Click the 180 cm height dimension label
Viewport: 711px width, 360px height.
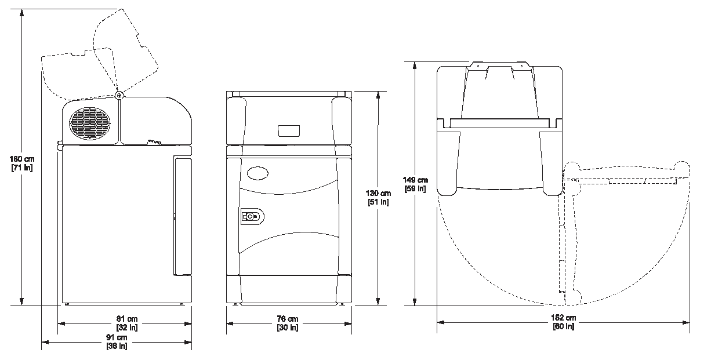pyautogui.click(x=22, y=163)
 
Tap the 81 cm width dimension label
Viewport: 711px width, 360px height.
pyautogui.click(x=127, y=323)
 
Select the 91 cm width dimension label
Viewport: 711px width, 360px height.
pyautogui.click(x=117, y=341)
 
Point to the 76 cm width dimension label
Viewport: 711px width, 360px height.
pyautogui.click(x=288, y=323)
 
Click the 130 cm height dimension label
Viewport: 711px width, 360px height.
pyautogui.click(x=378, y=198)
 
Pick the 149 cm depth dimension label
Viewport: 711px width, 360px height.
pyautogui.click(x=415, y=184)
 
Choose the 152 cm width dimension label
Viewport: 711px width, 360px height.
pyautogui.click(x=563, y=322)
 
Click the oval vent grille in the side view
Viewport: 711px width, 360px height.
pyautogui.click(x=90, y=123)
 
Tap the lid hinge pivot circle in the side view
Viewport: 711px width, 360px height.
pyautogui.click(x=119, y=95)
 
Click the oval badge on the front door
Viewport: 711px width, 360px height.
pyautogui.click(x=257, y=173)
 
